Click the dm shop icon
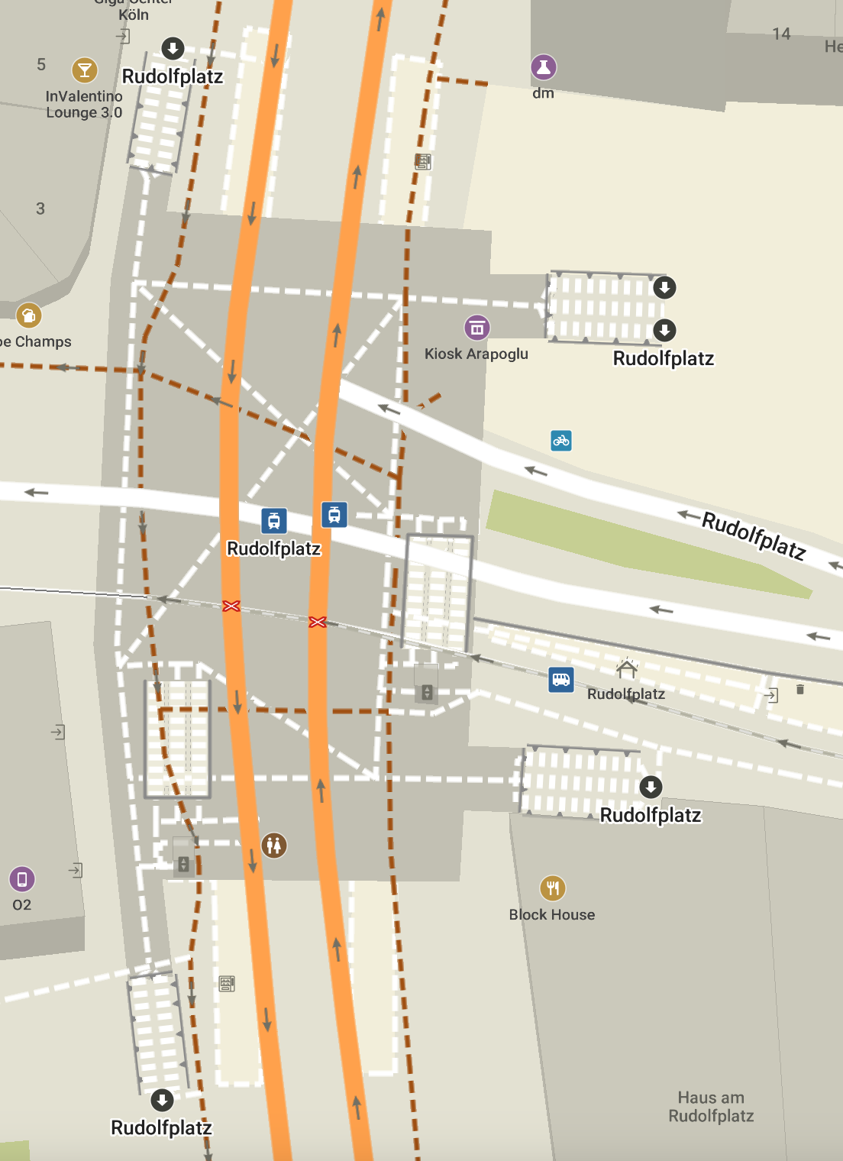pos(544,67)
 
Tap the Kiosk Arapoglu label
pos(476,354)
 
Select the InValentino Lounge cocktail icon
pos(84,70)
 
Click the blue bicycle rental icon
pos(561,441)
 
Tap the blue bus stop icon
pos(561,679)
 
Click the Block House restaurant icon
pos(553,888)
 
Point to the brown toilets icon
pos(274,845)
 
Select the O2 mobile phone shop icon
pos(22,879)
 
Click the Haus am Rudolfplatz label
pos(711,1107)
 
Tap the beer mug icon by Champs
pos(28,315)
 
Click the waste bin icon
pos(800,690)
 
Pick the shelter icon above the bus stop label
pos(627,669)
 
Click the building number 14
pos(781,34)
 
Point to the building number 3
pos(40,209)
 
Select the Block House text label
pos(552,914)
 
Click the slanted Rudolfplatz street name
pos(754,535)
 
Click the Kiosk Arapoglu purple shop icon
pos(477,328)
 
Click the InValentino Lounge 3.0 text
pos(84,105)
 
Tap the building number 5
pos(41,65)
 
